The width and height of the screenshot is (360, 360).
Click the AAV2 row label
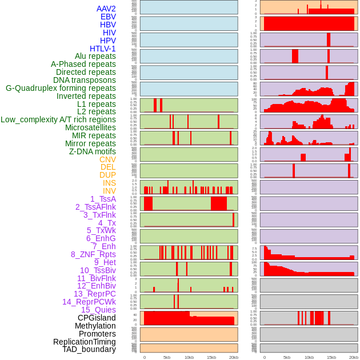[106, 9]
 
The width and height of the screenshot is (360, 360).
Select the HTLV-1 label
[102, 49]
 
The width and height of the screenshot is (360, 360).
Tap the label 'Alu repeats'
[95, 56]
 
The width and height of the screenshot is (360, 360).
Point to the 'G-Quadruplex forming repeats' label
[61, 88]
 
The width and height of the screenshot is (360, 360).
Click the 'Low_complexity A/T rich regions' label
[58, 119]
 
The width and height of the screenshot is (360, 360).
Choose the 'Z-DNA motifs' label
[92, 151]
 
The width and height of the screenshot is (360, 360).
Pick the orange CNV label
[107, 159]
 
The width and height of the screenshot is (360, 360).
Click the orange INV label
[109, 191]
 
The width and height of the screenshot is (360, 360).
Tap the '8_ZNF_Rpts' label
[93, 254]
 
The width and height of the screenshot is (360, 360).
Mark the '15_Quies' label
[98, 310]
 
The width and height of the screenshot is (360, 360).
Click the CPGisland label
[97, 318]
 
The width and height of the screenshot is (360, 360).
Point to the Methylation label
[95, 326]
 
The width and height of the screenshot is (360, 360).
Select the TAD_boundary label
[89, 349]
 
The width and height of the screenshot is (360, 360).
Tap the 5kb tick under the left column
[167, 357]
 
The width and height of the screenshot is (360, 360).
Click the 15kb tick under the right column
[331, 357]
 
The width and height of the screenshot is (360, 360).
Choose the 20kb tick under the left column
[233, 357]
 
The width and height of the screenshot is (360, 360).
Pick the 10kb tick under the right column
[309, 357]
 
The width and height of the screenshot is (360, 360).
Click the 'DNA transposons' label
[85, 80]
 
